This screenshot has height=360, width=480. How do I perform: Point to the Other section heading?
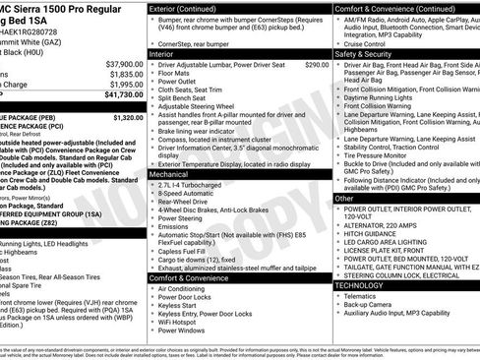point(343,198)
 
